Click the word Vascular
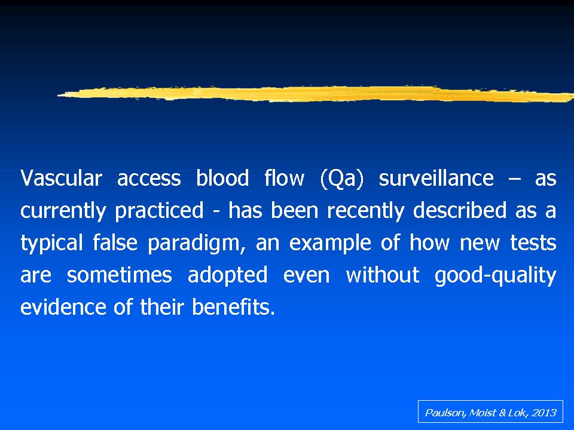coord(61,178)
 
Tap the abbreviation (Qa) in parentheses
coord(341,179)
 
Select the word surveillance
coord(436,178)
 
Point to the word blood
coord(222,178)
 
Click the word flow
coord(284,178)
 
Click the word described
coord(459,210)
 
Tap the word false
coord(115,242)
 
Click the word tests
coord(533,243)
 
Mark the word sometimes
coord(119,275)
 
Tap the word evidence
coord(63,307)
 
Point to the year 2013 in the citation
coord(544,413)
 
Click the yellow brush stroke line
coord(316,94)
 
